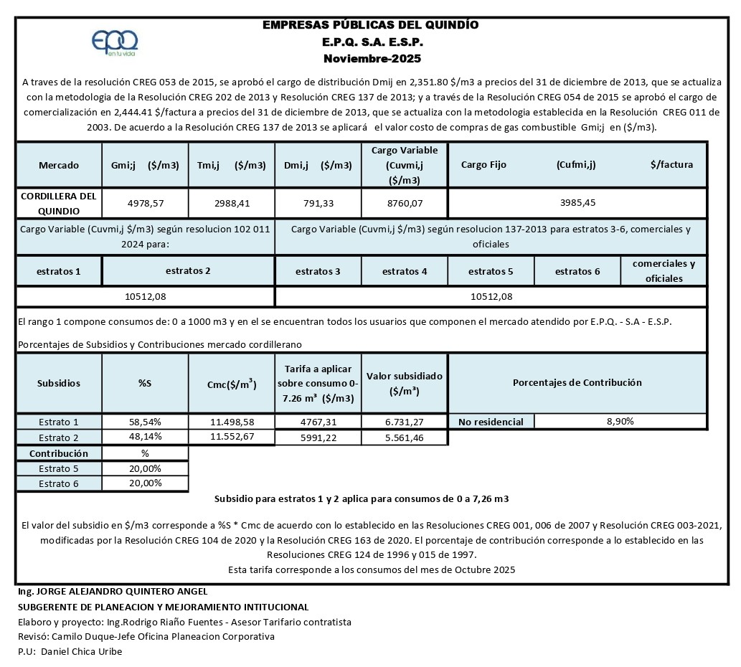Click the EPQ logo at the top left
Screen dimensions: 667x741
click(115, 44)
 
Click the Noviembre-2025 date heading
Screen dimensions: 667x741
click(372, 58)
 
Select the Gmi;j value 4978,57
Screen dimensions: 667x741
click(146, 203)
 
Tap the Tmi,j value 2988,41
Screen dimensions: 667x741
click(232, 203)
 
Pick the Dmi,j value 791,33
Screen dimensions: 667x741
click(318, 203)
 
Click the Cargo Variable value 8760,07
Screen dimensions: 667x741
click(404, 203)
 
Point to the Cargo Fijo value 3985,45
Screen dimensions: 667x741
click(577, 202)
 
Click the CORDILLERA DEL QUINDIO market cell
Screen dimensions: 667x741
click(59, 203)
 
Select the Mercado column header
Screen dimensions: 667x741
click(59, 165)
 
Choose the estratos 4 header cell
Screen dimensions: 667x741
click(405, 272)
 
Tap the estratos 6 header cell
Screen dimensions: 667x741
click(577, 272)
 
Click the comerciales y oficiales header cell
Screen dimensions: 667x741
click(664, 271)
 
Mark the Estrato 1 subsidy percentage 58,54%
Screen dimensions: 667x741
click(145, 422)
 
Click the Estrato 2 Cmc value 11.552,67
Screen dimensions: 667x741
click(232, 437)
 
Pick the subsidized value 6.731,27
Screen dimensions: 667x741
click(405, 422)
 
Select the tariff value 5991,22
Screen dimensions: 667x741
click(318, 437)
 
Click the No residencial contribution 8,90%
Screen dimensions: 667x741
click(620, 422)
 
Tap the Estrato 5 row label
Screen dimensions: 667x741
click(59, 469)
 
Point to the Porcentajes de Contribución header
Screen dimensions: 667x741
click(577, 383)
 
